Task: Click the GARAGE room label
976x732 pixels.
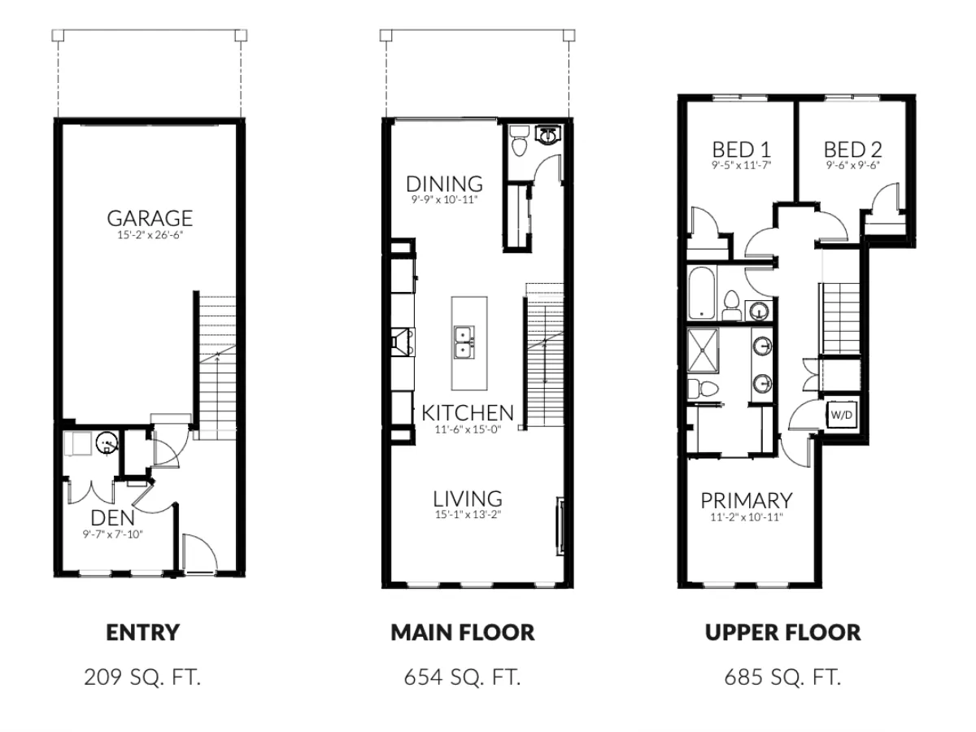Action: point(150,218)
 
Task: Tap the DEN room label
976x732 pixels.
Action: point(111,517)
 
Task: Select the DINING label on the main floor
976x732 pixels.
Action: point(444,183)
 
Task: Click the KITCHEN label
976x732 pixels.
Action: point(468,412)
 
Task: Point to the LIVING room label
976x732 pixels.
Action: point(467,498)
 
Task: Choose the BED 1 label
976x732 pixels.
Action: point(741,149)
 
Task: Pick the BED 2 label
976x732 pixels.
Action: point(852,149)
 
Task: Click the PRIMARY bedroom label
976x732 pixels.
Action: point(746,499)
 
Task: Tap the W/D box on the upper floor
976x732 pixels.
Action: point(841,414)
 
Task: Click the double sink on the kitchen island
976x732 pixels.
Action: point(465,341)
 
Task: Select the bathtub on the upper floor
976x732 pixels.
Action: point(699,296)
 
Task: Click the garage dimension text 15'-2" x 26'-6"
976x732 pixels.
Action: point(150,236)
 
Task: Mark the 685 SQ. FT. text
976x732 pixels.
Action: point(782,677)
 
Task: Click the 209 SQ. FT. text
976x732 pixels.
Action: point(142,677)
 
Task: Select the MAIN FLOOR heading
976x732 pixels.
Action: point(463,633)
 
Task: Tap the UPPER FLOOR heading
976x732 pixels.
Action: point(782,633)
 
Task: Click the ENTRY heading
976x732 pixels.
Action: point(142,633)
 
